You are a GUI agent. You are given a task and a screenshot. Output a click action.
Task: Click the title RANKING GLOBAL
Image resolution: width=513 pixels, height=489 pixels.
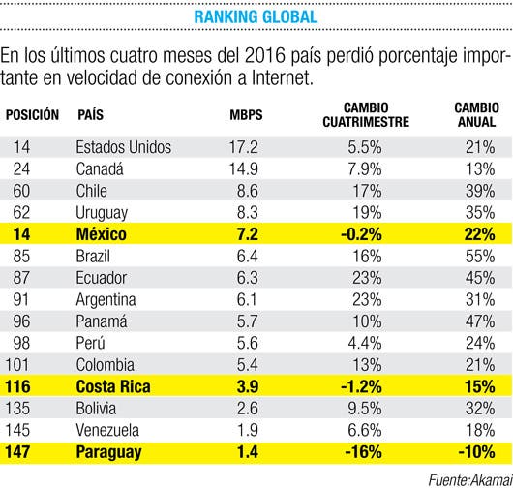[x=256, y=17]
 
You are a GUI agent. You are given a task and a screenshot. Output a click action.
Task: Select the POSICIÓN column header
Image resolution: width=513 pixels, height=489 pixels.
[x=32, y=115]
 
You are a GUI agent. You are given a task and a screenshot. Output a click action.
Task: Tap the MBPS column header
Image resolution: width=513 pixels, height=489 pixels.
[x=246, y=115]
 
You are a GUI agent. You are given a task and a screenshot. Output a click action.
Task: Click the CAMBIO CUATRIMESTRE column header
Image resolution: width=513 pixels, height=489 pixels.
[x=366, y=115]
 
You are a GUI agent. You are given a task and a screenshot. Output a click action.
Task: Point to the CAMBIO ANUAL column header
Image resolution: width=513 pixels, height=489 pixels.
[x=476, y=115]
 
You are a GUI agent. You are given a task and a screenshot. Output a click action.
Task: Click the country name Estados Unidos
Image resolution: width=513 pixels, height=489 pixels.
[x=124, y=147]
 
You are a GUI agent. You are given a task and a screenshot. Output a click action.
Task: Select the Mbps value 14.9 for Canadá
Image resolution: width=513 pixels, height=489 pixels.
[x=243, y=169]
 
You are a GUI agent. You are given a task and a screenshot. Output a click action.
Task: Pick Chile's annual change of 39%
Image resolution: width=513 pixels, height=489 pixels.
[x=480, y=191]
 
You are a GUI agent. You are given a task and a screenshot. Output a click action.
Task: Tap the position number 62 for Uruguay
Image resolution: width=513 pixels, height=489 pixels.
[x=21, y=212]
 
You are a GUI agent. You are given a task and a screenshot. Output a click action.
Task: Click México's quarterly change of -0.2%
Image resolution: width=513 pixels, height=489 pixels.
[x=361, y=234]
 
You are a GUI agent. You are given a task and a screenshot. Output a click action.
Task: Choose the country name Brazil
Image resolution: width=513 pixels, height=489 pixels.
[x=93, y=256]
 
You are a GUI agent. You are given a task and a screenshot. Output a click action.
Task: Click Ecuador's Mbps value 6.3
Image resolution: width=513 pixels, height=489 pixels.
[x=248, y=278]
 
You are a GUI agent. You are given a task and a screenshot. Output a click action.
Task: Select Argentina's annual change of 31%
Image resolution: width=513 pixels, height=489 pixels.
[x=480, y=299]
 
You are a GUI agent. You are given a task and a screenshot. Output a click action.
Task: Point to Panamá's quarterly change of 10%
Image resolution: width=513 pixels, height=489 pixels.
[x=367, y=321]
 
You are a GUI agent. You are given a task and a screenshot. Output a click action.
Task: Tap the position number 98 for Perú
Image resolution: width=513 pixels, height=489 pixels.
[x=21, y=343]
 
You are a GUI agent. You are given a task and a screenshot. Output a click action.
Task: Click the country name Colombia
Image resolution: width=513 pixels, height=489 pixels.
[x=106, y=365]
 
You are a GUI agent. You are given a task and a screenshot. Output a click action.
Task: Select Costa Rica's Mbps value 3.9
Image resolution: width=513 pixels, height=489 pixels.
[x=248, y=386]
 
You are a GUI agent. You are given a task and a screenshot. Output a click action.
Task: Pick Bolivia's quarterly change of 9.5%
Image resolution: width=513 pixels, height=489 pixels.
[x=365, y=409]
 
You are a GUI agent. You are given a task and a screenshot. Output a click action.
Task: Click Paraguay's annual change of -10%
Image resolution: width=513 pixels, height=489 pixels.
[x=476, y=452]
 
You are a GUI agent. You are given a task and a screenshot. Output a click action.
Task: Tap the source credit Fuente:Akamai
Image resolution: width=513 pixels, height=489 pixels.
[x=470, y=480]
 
